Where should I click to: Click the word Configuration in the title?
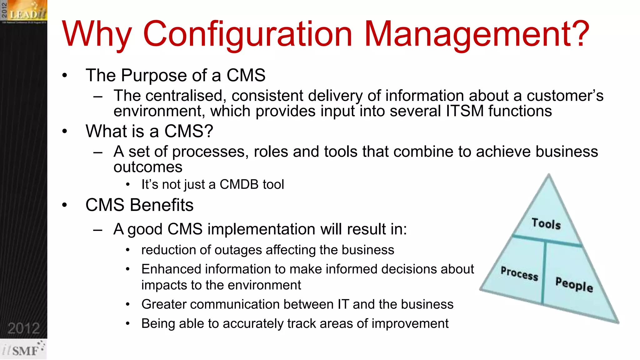click(x=247, y=34)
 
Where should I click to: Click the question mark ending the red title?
click(x=581, y=34)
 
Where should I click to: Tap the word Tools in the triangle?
click(x=546, y=224)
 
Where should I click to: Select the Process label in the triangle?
click(x=519, y=273)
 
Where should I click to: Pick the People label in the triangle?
click(x=574, y=284)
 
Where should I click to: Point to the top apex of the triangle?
click(x=549, y=176)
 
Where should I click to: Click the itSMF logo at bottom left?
click(x=23, y=350)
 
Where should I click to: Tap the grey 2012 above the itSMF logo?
click(x=24, y=328)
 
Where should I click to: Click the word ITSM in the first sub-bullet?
click(x=465, y=111)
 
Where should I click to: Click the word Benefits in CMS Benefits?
click(x=162, y=205)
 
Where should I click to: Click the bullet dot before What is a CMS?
click(x=65, y=131)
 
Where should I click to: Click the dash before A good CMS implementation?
click(x=98, y=230)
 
